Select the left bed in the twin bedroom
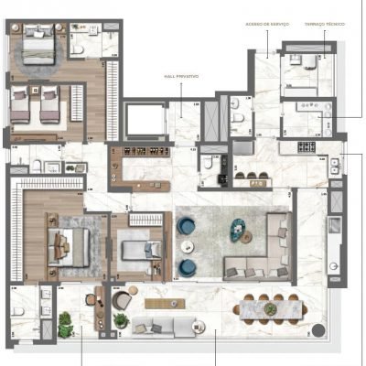24,108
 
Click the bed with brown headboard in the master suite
68,245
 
